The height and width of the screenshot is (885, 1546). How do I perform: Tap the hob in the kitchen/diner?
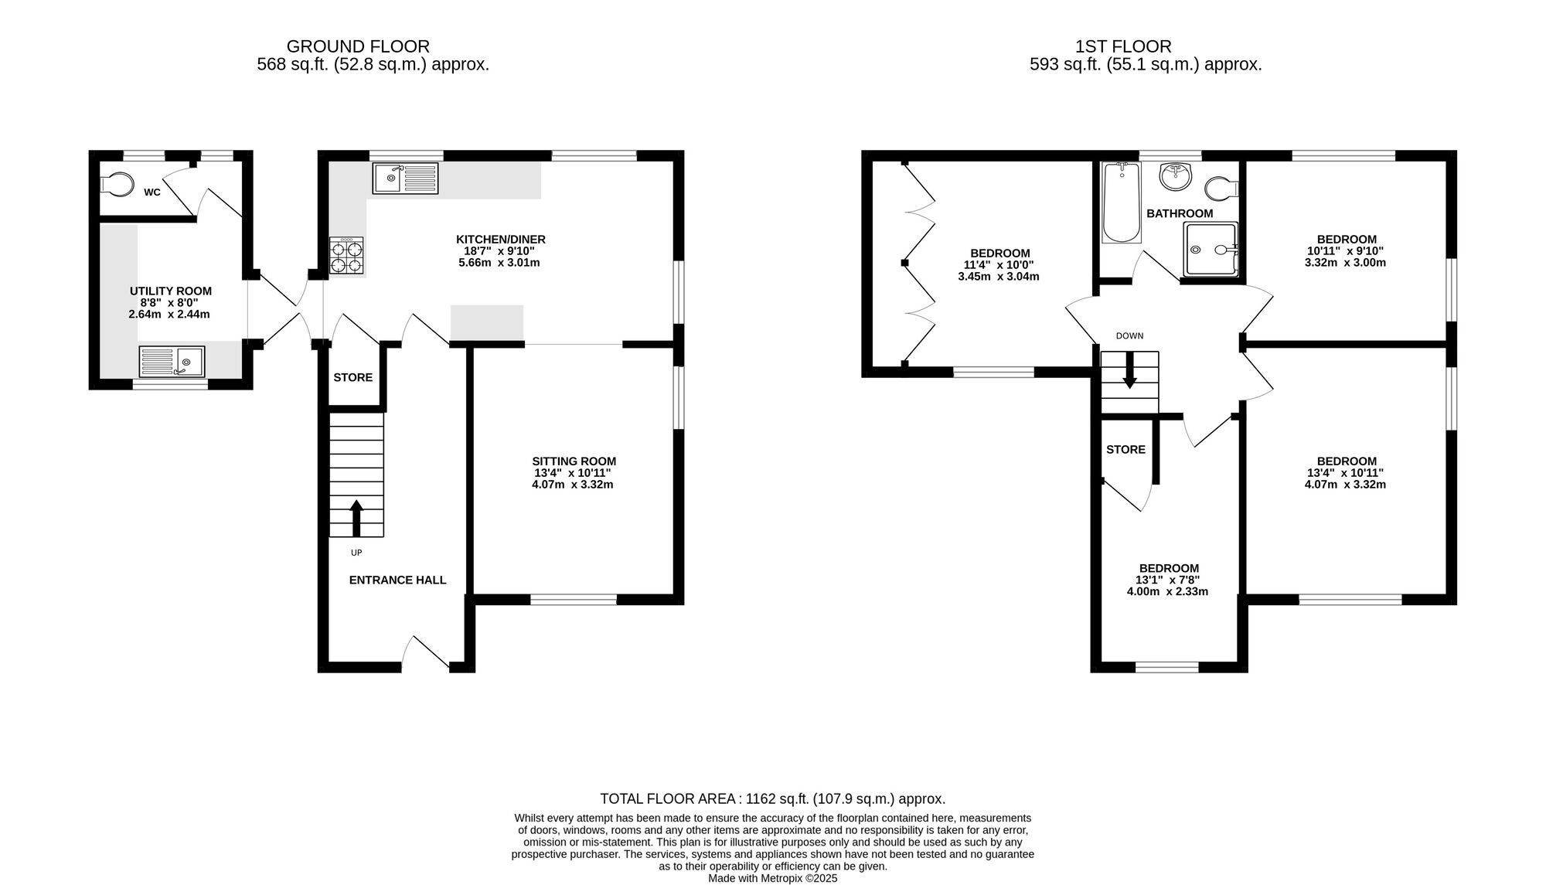pyautogui.click(x=346, y=256)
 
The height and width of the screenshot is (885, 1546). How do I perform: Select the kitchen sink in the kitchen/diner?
pyautogui.click(x=405, y=178)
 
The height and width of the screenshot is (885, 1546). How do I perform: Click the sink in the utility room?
pyautogui.click(x=172, y=362)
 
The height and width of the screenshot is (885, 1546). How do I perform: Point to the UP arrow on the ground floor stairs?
pyautogui.click(x=356, y=518)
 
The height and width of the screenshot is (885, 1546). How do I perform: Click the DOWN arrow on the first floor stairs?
pyautogui.click(x=1129, y=370)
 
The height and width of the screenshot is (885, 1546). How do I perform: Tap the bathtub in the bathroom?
pyautogui.click(x=1122, y=203)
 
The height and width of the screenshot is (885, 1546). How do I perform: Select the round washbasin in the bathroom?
pyautogui.click(x=1176, y=176)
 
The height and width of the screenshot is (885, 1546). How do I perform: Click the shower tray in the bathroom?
pyautogui.click(x=1211, y=250)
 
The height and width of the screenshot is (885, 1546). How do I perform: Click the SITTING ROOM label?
pyautogui.click(x=574, y=461)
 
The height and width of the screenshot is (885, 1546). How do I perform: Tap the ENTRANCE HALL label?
pyautogui.click(x=397, y=580)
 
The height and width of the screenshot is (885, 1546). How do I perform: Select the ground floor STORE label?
pyautogui.click(x=353, y=377)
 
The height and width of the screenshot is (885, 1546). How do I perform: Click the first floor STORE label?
pyautogui.click(x=1125, y=449)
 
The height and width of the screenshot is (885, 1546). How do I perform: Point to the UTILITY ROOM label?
pyautogui.click(x=171, y=291)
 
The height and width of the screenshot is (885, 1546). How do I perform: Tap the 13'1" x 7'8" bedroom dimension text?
pyautogui.click(x=1167, y=580)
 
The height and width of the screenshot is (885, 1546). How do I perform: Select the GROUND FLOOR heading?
pyautogui.click(x=358, y=46)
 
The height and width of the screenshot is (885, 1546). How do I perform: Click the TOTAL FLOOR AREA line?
pyautogui.click(x=773, y=798)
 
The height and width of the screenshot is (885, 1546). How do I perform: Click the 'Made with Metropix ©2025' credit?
pyautogui.click(x=773, y=878)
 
